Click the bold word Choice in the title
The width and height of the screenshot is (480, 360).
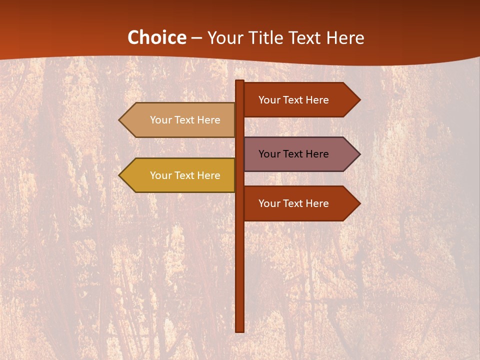(x=156, y=37)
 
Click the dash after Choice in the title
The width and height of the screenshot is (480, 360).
(x=196, y=38)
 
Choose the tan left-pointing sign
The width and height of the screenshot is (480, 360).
(x=180, y=120)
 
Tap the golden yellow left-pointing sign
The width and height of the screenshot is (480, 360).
(x=180, y=175)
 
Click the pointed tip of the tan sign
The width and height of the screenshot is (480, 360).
(x=120, y=120)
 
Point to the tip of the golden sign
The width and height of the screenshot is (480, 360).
(x=120, y=175)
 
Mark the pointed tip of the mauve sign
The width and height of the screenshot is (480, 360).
(x=358, y=154)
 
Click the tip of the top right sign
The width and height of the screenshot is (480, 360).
(x=358, y=100)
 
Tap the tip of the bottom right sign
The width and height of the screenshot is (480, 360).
(x=358, y=203)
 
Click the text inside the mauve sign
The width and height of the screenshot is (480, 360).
(x=293, y=154)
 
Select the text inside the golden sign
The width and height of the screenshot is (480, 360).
(x=185, y=175)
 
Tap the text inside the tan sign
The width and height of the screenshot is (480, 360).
(x=185, y=120)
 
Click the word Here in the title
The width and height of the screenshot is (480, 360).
(x=345, y=38)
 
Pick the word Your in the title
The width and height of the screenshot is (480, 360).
(x=223, y=38)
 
